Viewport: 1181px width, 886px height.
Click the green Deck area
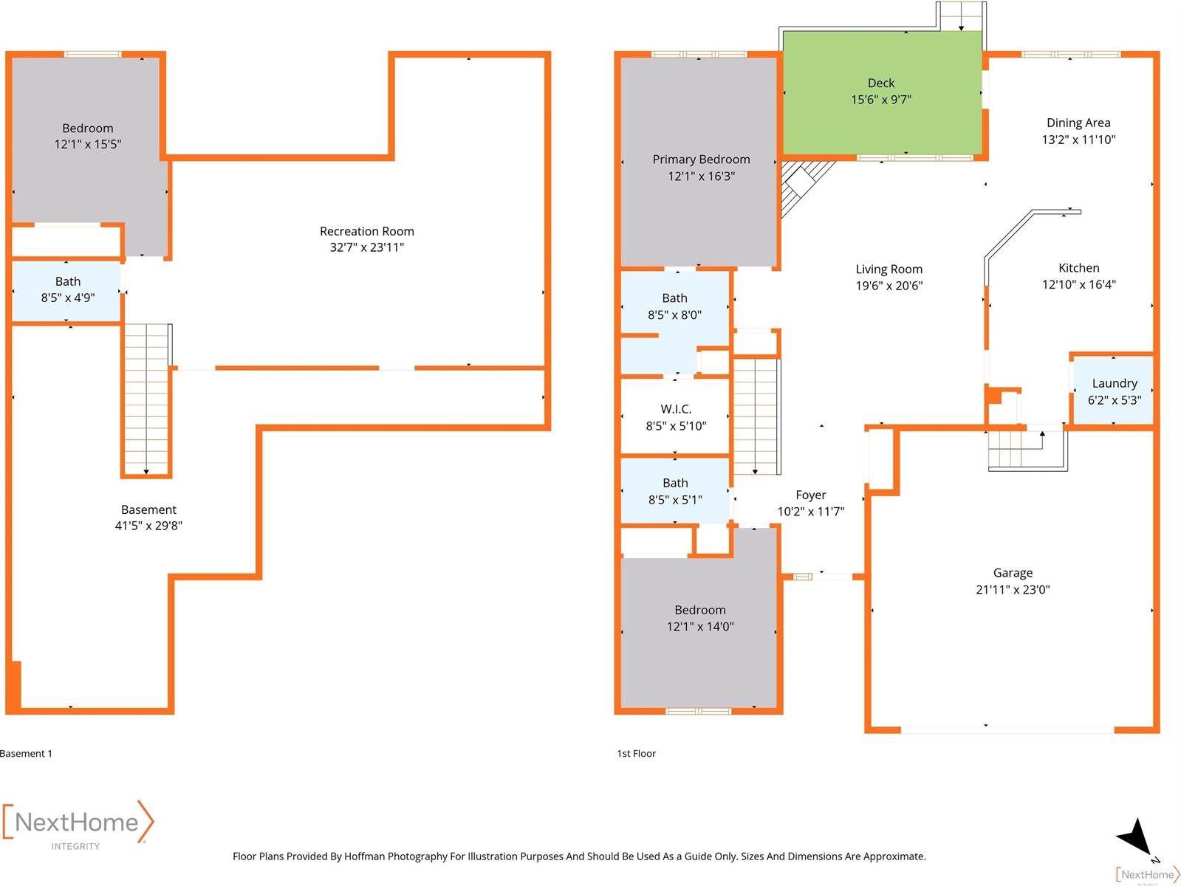coord(881,92)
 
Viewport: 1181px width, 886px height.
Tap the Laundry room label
coord(1115,383)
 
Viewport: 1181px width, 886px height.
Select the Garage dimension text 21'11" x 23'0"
coord(1013,590)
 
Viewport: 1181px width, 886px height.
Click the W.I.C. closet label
coord(676,409)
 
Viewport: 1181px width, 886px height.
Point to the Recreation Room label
coord(367,231)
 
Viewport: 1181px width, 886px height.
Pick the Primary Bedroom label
coord(701,159)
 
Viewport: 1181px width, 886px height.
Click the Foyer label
coord(811,495)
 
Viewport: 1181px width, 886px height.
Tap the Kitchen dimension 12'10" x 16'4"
coord(1079,284)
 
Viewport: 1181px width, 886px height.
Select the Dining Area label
coord(1078,123)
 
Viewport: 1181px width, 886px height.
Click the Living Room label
coord(889,269)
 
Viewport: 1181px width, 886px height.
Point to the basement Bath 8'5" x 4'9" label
coord(68,289)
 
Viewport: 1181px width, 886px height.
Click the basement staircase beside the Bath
coord(146,399)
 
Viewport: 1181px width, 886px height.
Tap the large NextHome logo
coord(78,823)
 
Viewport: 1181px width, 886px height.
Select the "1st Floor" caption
coord(637,754)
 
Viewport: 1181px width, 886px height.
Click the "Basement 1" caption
coord(27,754)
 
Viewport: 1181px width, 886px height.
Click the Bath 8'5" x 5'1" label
coord(675,492)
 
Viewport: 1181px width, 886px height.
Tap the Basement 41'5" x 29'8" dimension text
coord(148,526)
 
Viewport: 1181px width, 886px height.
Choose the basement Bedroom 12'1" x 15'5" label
coord(88,136)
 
